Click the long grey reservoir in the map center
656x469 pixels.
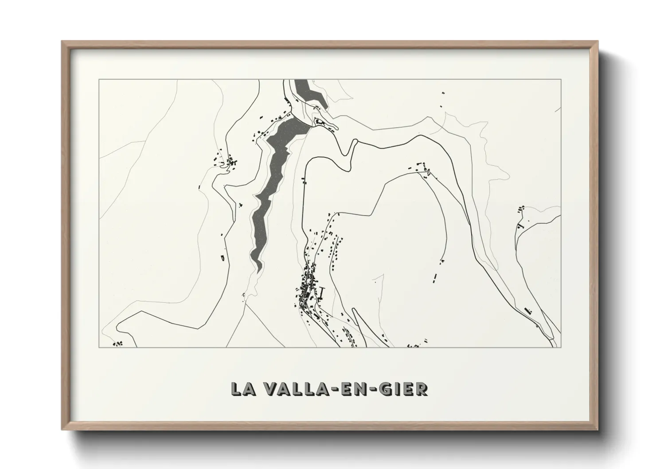tap(273, 177)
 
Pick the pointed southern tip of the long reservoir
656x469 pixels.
tap(258, 270)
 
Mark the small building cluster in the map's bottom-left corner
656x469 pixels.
tap(117, 343)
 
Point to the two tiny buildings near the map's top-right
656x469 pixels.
tap(442, 100)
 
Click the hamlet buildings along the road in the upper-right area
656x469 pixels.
tap(421, 168)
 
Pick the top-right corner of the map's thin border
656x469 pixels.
tap(561, 80)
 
